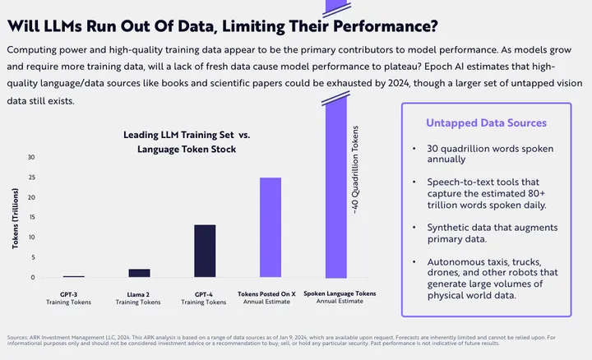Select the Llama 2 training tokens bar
pyautogui.click(x=139, y=273)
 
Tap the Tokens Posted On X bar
pyautogui.click(x=271, y=227)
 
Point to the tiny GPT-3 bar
pyautogui.click(x=74, y=277)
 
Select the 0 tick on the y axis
pyautogui.click(x=34, y=278)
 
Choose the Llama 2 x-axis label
pyautogui.click(x=139, y=293)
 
